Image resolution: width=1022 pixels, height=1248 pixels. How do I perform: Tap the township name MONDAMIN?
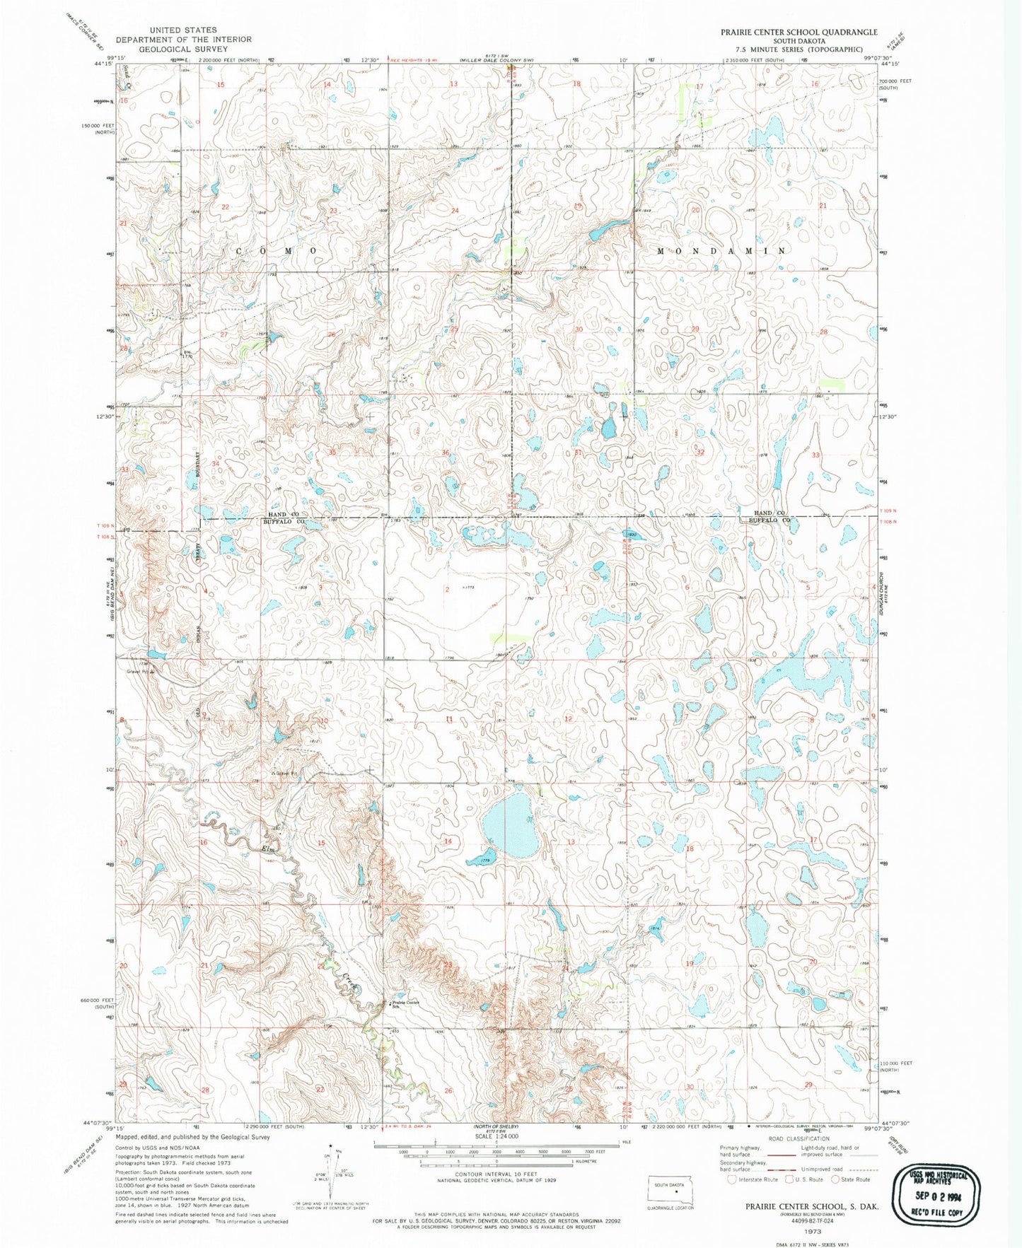[x=721, y=251]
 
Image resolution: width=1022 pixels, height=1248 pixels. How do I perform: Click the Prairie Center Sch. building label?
[x=407, y=1004]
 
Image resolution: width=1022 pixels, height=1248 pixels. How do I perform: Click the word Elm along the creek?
[x=267, y=849]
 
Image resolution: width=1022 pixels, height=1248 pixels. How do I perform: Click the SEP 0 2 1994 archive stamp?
[x=937, y=1196]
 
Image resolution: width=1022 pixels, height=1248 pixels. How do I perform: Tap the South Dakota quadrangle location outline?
[x=671, y=1191]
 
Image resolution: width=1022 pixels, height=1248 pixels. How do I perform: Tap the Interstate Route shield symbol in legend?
[x=732, y=1179]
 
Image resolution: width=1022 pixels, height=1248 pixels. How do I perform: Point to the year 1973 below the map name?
[x=803, y=1230]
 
